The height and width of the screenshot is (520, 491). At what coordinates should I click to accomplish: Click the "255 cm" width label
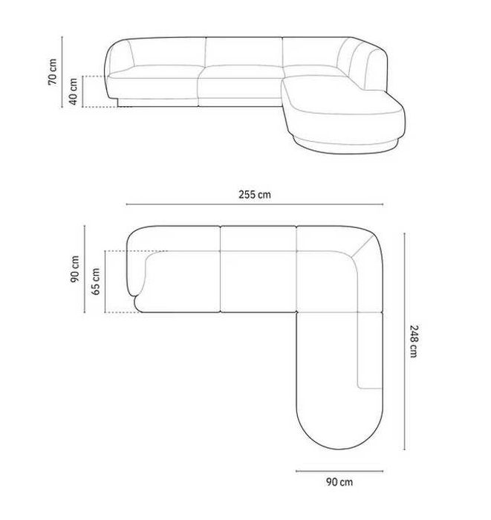[254, 195]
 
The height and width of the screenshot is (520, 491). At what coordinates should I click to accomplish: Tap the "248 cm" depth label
[413, 341]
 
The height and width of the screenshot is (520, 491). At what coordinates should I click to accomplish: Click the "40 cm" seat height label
[74, 91]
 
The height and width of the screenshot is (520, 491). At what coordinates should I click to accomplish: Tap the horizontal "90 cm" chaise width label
[339, 481]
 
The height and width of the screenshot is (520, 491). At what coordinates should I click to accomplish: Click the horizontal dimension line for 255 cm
[254, 205]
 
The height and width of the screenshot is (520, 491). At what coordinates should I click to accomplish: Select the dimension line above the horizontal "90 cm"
[339, 470]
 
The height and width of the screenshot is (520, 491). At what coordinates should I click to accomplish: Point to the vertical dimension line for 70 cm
[64, 72]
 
